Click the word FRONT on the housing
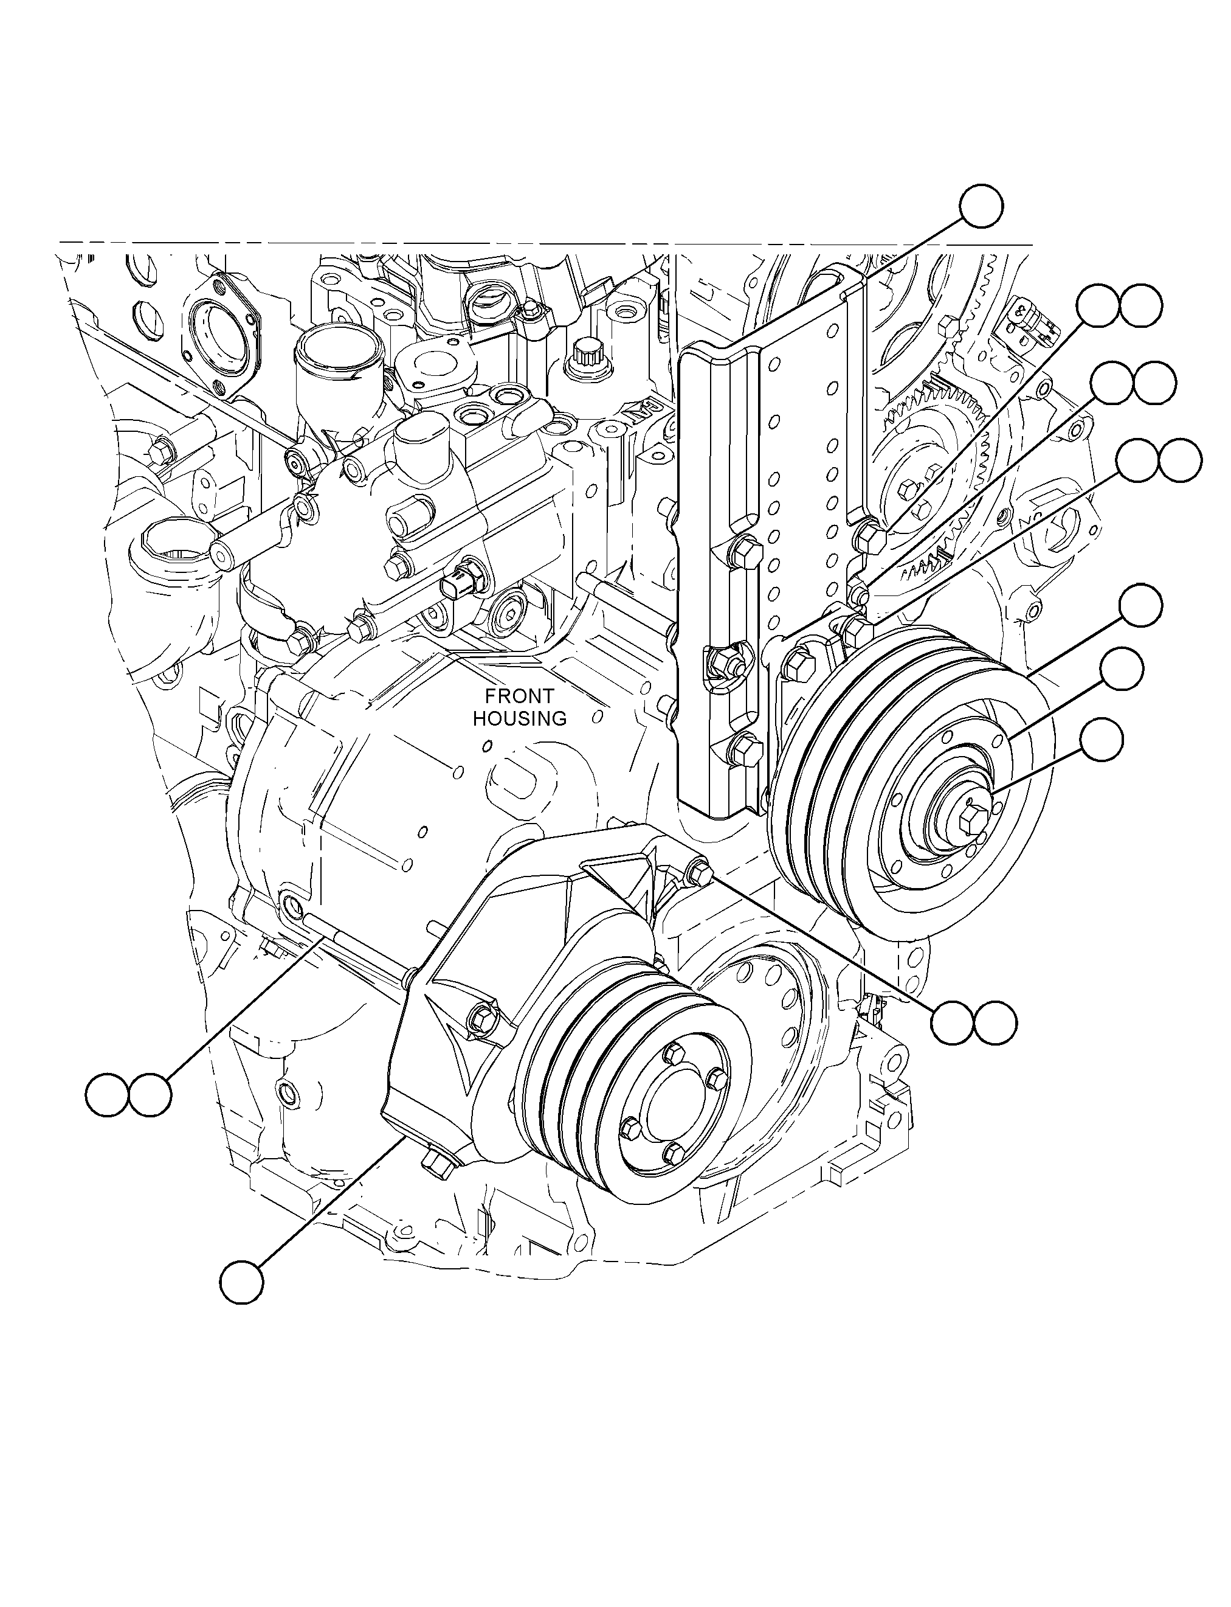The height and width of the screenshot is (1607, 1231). click(520, 696)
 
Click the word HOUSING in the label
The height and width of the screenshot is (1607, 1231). click(520, 718)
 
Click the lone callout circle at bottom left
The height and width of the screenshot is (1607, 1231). click(241, 1282)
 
